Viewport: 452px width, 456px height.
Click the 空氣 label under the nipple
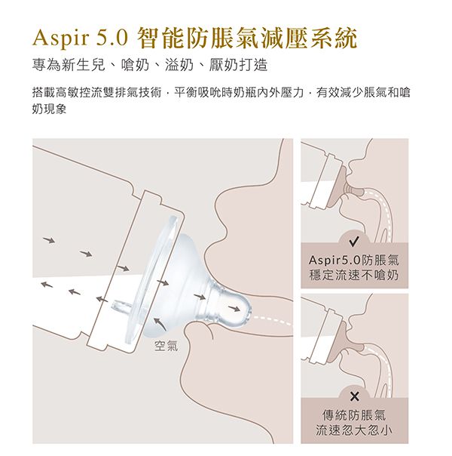[166, 346]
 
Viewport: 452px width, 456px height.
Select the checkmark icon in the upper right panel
[354, 241]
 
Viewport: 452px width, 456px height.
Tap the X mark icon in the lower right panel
[354, 396]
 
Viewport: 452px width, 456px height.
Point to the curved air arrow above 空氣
[160, 323]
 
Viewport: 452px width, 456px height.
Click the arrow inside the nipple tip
[234, 308]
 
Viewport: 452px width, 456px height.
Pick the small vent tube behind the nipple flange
[123, 306]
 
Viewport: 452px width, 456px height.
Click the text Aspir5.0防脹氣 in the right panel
[354, 260]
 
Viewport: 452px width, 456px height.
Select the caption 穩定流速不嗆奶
[354, 275]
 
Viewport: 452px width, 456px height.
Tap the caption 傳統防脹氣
[354, 415]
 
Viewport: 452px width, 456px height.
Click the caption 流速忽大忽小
[354, 430]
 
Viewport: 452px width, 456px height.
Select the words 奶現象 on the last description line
[49, 109]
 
